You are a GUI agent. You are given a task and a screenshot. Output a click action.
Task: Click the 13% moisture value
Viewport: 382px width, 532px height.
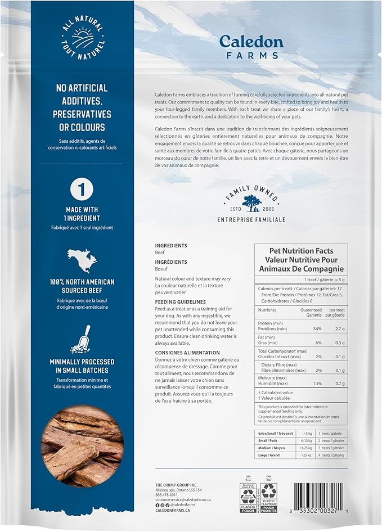(317, 382)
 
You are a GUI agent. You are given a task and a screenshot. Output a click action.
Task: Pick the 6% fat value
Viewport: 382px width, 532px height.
(317, 342)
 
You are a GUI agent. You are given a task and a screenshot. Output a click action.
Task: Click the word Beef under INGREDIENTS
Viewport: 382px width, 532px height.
(160, 253)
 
